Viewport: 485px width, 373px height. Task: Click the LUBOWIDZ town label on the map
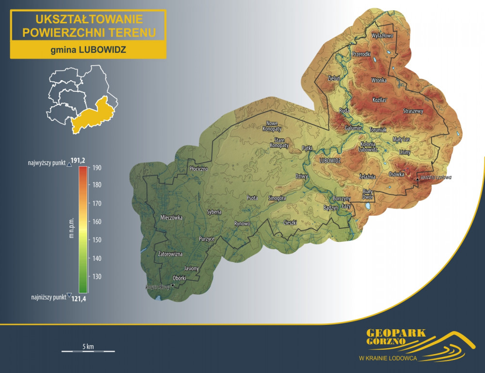[331, 160]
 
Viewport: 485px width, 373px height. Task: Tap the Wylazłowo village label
[383, 36]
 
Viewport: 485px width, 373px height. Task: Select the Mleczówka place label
[171, 218]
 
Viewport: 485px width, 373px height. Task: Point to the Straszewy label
[413, 111]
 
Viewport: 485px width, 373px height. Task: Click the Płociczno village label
[198, 169]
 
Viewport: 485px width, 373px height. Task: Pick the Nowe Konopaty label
[272, 126]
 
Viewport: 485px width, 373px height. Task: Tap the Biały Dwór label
[368, 194]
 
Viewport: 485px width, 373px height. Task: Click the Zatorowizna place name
[170, 254]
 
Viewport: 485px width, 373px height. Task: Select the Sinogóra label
[277, 198]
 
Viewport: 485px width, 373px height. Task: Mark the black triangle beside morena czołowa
[417, 179]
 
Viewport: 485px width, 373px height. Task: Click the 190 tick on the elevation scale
[97, 168]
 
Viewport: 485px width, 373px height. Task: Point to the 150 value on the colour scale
[97, 240]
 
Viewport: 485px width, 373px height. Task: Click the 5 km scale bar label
[88, 346]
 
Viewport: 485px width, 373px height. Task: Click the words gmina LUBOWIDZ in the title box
[88, 50]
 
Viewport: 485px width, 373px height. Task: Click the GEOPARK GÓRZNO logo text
[396, 337]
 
